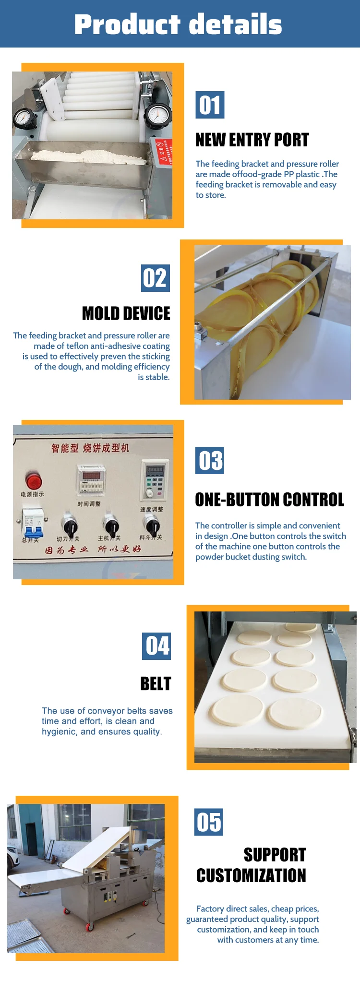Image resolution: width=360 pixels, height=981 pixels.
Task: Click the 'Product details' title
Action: tap(178, 24)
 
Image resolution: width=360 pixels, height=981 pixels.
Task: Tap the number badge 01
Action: tap(210, 105)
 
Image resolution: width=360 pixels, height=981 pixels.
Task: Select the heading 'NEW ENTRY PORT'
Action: tap(252, 140)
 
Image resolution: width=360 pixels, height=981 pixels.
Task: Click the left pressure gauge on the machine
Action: tap(23, 117)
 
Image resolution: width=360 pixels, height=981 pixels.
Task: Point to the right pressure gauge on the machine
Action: tap(157, 115)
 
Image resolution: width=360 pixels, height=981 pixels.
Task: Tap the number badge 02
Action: tap(156, 278)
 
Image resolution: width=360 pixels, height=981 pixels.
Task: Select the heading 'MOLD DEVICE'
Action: tap(126, 313)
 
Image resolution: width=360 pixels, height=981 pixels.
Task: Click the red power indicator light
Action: tap(33, 480)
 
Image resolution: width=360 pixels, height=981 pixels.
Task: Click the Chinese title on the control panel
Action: tap(90, 448)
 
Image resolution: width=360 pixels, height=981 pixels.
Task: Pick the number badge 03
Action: tap(210, 461)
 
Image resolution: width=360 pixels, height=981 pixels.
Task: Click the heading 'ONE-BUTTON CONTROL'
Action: tap(269, 500)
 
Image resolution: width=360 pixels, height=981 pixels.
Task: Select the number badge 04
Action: tap(156, 646)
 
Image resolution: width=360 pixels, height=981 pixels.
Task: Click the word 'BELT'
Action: tap(156, 683)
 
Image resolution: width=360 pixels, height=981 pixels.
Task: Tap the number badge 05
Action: tap(209, 822)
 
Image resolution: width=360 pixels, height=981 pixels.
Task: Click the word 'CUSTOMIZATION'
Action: tap(251, 875)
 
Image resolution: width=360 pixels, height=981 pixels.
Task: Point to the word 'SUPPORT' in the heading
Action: tap(275, 855)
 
